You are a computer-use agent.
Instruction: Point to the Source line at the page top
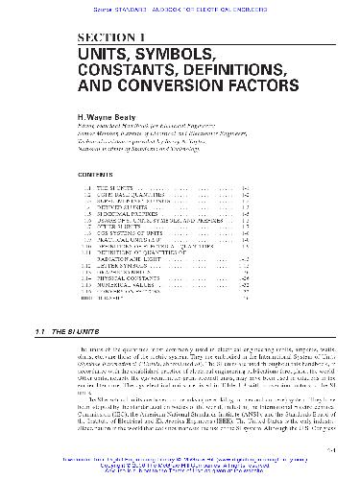(x=179, y=5)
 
